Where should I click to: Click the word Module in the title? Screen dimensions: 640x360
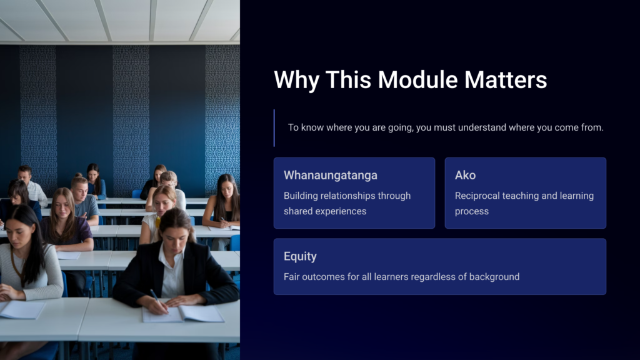(417, 79)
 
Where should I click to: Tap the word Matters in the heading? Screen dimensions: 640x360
(506, 79)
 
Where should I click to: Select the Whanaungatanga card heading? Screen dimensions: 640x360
(331, 175)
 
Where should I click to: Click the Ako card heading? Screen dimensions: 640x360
(465, 175)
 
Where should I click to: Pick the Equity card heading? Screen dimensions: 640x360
(300, 256)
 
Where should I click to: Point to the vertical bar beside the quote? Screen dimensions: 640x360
(274, 127)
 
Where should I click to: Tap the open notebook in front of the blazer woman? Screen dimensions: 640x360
(183, 314)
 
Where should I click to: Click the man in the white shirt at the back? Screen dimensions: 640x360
(31, 185)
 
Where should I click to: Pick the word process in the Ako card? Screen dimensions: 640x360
(472, 212)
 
